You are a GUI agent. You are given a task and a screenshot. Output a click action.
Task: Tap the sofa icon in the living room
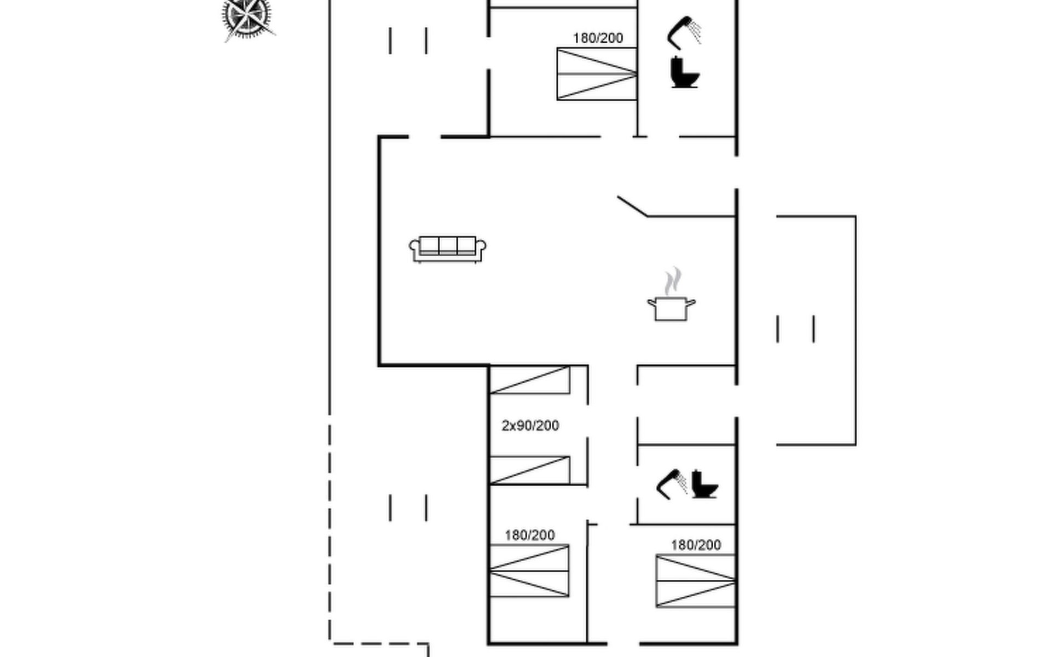tap(448, 250)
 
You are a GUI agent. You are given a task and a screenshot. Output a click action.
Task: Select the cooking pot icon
tap(671, 308)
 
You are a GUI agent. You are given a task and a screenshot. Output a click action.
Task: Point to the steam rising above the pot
tap(673, 281)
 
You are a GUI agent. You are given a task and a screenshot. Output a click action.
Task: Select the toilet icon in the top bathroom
tap(685, 72)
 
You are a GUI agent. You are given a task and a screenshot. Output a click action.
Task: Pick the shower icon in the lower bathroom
tap(672, 484)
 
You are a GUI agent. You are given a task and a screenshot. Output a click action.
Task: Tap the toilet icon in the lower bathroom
tap(704, 484)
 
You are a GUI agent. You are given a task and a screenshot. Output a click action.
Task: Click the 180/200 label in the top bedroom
tap(598, 38)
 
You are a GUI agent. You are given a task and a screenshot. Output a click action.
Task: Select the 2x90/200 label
tap(530, 425)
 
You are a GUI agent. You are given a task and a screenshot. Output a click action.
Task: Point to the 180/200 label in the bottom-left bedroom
tap(529, 535)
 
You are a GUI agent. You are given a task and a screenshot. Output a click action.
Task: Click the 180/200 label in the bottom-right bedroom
tap(696, 545)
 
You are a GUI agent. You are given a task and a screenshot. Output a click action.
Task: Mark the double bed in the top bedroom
tap(597, 74)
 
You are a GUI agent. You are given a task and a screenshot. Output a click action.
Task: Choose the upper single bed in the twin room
tap(529, 380)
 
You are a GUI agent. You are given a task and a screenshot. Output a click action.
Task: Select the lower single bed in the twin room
tap(529, 470)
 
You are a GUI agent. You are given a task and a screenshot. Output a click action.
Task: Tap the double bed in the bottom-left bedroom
tap(529, 570)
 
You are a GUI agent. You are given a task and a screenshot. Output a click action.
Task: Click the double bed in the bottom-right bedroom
tap(695, 581)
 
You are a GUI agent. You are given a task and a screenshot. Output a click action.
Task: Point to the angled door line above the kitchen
tap(632, 206)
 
